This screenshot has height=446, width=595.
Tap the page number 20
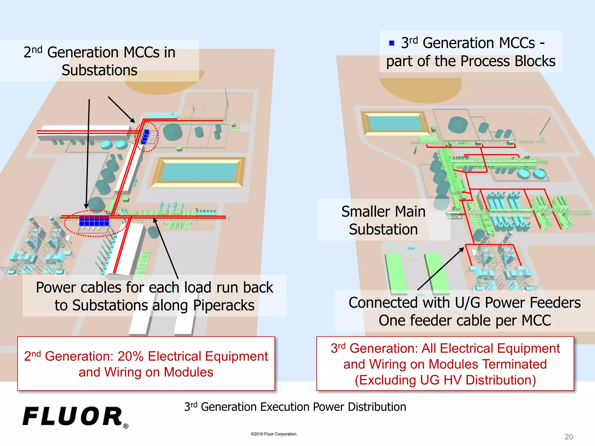click(x=569, y=437)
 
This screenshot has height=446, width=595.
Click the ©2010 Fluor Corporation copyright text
click(x=274, y=434)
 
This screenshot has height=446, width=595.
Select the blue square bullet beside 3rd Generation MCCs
click(x=392, y=43)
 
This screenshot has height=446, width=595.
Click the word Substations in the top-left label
click(x=99, y=71)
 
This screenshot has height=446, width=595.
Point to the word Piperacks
click(x=224, y=305)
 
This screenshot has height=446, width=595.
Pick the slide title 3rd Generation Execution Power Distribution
click(x=295, y=407)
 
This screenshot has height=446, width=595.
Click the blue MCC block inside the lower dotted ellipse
click(x=94, y=221)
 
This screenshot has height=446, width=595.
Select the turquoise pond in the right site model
click(x=395, y=122)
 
